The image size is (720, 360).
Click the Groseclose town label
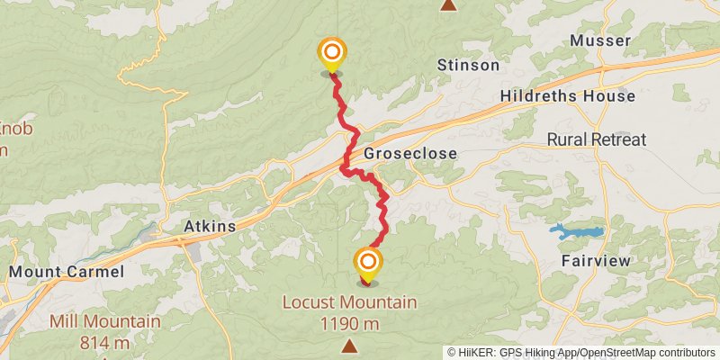[409, 154]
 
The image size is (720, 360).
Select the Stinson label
[468, 65]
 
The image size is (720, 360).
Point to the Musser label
[600, 41]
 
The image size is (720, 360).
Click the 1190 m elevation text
[348, 321]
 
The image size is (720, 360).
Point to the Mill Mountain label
[105, 321]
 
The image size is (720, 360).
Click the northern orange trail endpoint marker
[332, 52]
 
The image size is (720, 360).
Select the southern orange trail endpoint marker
[368, 262]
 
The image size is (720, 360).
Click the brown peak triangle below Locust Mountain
[348, 345]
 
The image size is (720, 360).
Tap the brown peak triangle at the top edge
[448, 4]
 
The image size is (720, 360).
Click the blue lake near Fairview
[576, 232]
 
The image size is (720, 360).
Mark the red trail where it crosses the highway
[347, 155]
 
